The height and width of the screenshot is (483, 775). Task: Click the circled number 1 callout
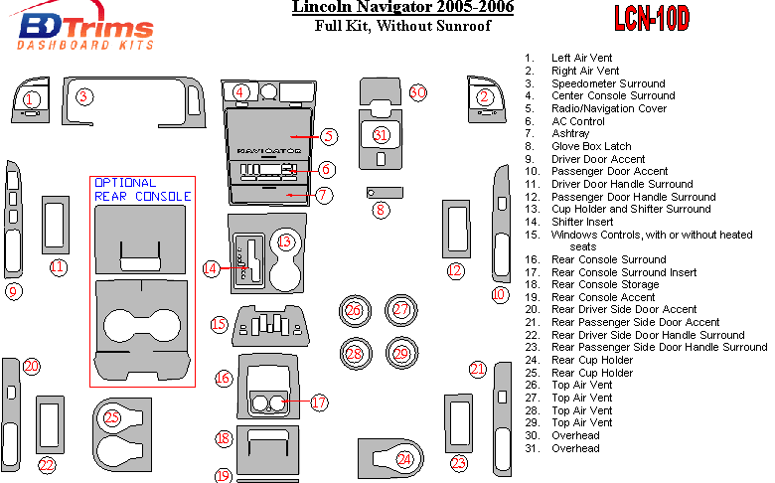(x=32, y=98)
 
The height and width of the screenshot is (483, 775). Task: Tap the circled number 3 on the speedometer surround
(x=84, y=96)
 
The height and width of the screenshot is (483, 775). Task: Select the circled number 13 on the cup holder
(x=285, y=241)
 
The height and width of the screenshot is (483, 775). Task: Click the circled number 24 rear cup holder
(x=404, y=458)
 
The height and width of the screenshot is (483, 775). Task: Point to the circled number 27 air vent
(x=400, y=310)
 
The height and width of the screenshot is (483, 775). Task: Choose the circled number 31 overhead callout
(x=381, y=135)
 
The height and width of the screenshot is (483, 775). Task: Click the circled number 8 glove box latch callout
(x=379, y=210)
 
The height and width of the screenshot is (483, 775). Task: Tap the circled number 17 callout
(x=318, y=402)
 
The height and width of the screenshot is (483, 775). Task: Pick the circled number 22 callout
(x=47, y=464)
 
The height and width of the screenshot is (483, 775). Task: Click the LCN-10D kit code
(x=651, y=19)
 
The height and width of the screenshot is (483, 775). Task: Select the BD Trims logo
(x=87, y=31)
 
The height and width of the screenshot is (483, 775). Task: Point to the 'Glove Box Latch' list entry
(x=591, y=146)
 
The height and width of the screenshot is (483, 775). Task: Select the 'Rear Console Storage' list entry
(x=603, y=284)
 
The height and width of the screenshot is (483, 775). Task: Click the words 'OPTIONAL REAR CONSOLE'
(x=141, y=189)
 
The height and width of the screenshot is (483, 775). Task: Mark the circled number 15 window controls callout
(x=219, y=324)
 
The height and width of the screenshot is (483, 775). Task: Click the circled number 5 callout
(x=329, y=135)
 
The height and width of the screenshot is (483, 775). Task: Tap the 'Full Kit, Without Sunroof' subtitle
(x=391, y=26)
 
